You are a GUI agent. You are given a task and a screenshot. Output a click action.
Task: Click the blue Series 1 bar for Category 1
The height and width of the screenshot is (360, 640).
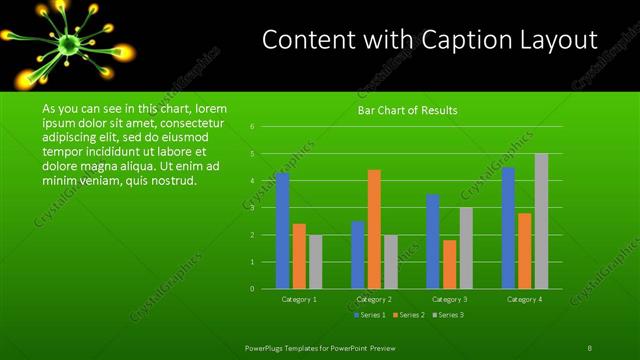point(282,231)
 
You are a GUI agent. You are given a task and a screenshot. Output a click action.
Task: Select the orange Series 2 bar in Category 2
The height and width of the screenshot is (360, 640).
point(374,229)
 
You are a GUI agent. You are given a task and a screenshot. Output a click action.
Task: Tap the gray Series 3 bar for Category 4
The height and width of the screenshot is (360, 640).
point(541,221)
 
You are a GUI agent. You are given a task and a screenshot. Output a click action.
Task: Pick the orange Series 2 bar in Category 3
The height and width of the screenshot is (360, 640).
point(449,264)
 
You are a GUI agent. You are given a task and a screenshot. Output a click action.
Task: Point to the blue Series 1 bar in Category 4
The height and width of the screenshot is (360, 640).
point(508,228)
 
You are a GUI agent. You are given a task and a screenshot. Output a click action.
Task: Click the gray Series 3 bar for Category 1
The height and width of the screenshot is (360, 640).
point(315,262)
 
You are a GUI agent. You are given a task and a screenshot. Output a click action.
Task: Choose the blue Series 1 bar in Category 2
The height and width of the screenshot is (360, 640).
point(357,255)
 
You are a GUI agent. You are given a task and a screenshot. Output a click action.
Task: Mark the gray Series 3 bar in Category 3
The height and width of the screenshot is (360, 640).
point(466,248)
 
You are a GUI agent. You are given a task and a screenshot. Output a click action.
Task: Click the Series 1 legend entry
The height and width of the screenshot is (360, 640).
point(370,315)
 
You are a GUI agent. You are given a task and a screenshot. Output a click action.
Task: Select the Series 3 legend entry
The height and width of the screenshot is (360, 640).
point(447,315)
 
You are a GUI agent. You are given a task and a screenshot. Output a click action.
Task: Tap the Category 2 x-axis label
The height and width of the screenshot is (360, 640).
point(374,299)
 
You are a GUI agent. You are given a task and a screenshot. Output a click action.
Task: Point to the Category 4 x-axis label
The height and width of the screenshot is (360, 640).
point(524,299)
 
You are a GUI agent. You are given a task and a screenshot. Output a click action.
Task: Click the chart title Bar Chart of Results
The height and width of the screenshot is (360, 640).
point(407,110)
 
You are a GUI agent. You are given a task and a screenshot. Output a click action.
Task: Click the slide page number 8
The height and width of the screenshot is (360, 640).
point(590,347)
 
